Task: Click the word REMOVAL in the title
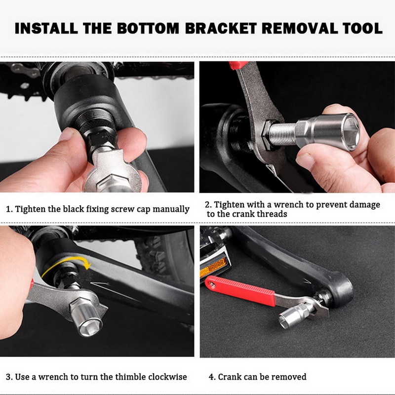point(298,28)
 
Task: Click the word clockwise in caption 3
point(165,377)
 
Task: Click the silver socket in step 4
point(295,314)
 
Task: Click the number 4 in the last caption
point(211,377)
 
